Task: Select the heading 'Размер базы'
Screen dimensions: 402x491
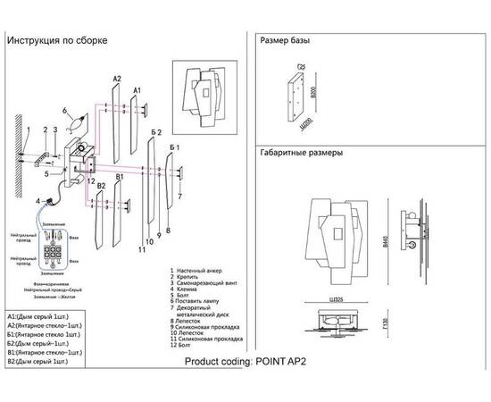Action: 285,41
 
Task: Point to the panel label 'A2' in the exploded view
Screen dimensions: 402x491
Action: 116,80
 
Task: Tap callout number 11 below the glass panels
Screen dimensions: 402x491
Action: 142,251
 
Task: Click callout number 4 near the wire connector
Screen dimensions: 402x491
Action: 38,203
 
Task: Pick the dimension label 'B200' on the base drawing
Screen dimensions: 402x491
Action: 313,92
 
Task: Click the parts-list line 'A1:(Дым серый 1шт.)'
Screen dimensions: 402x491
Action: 42,316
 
